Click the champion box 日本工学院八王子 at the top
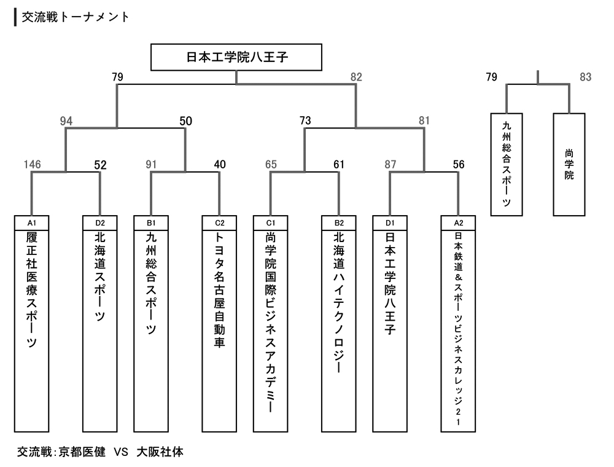237,58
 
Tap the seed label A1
31,221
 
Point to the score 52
101,165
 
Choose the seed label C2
219,221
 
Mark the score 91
151,165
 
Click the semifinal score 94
66,121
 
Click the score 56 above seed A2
459,165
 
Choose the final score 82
356,77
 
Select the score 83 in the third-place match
585,77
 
